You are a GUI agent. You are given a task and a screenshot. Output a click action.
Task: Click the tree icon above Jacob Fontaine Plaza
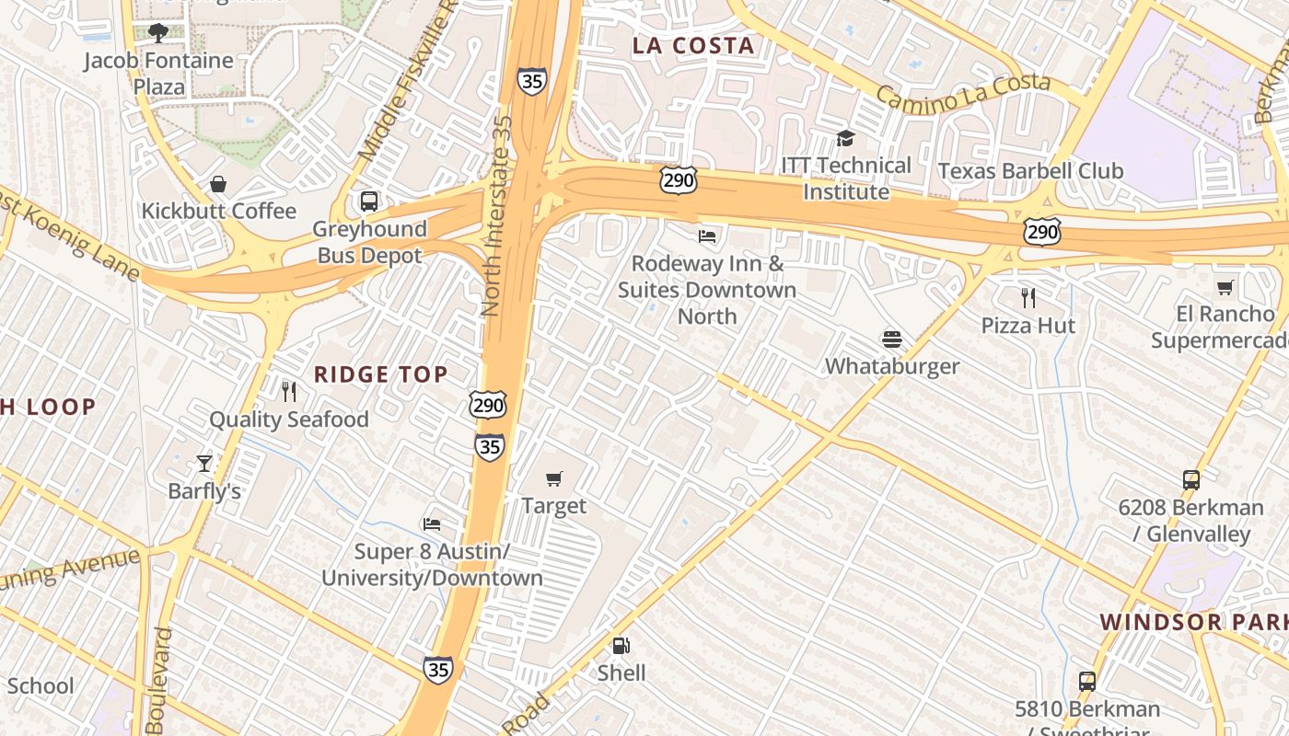tap(158, 33)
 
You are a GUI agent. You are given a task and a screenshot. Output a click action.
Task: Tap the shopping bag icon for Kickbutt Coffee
tap(218, 184)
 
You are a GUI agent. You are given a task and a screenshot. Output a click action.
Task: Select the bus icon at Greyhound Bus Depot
tap(369, 201)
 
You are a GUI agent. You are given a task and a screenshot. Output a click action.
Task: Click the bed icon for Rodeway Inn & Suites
tap(707, 236)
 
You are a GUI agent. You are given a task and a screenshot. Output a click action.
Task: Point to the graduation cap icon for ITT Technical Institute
tap(844, 138)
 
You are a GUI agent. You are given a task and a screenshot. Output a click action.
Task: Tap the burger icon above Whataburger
tap(891, 339)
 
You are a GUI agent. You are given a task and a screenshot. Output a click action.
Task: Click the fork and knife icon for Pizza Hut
tap(1028, 298)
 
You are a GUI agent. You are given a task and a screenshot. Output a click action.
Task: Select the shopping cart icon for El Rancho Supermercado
tap(1225, 287)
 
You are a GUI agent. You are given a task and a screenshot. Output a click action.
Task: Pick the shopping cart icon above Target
tap(553, 478)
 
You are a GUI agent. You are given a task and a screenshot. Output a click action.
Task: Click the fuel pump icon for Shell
tap(621, 646)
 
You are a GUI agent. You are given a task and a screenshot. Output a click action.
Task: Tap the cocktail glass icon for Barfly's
tap(203, 463)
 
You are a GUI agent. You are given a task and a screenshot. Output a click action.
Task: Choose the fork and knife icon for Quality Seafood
tap(289, 392)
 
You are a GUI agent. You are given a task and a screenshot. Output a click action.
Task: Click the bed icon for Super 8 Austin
tap(431, 524)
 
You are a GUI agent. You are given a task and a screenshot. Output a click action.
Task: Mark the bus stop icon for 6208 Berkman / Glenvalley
tap(1190, 480)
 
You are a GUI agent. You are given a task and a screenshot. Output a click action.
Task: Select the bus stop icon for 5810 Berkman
tap(1087, 682)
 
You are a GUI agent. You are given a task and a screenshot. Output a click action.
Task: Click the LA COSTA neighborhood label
tap(693, 45)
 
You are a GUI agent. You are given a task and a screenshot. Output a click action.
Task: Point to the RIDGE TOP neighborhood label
tap(381, 374)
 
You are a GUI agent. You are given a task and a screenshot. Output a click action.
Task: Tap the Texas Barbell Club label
tap(1030, 171)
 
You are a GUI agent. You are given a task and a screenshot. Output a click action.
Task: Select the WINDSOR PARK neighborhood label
tap(1193, 622)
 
